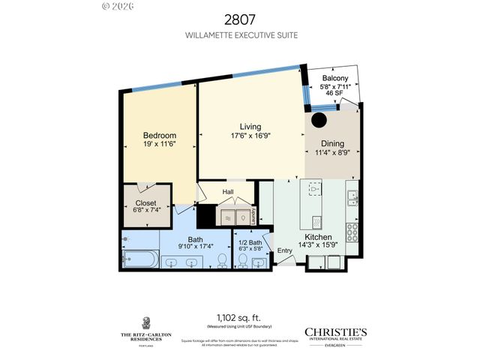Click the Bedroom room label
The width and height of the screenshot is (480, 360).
160,136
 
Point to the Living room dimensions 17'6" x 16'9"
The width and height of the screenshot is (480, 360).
250,136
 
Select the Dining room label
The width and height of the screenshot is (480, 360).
332,144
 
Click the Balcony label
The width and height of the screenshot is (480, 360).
334,79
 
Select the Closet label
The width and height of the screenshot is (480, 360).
145,203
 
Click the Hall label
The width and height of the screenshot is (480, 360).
228,192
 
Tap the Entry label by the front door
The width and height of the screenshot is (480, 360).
285,250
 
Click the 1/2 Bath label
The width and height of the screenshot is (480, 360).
250,242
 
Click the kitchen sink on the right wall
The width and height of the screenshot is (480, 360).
351,196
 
